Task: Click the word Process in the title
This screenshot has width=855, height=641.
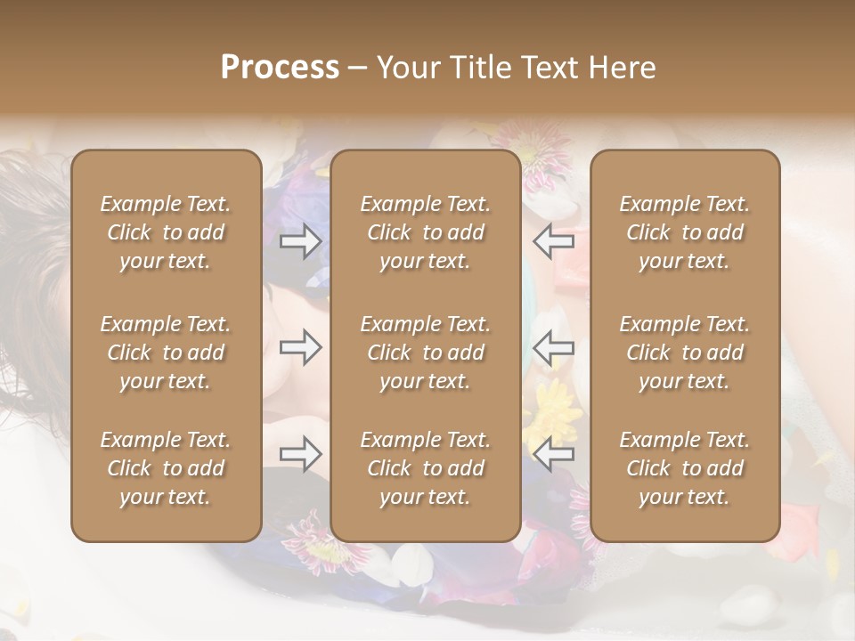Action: coord(280,68)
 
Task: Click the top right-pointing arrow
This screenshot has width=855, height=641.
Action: coord(300,241)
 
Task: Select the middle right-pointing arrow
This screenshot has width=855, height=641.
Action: coord(300,348)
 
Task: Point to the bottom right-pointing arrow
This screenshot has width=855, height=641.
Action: coord(300,455)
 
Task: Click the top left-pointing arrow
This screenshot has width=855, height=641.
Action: coord(553,241)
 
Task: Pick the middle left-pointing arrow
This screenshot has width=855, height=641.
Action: coord(553,348)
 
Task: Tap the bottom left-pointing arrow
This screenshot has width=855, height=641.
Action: coord(553,455)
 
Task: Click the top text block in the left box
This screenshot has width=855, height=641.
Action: coord(166,232)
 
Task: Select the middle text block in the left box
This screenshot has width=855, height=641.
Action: coord(166,353)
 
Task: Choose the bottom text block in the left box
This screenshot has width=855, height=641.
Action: coord(166,468)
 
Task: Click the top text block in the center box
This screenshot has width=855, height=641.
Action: coord(426,232)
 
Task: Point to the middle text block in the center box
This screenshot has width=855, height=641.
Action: coord(426,353)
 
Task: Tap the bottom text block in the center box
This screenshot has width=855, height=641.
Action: coord(426,468)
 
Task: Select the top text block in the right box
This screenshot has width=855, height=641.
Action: coord(685,232)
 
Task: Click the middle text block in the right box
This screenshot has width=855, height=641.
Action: coord(685,353)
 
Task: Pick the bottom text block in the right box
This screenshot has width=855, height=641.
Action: coord(685,468)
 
